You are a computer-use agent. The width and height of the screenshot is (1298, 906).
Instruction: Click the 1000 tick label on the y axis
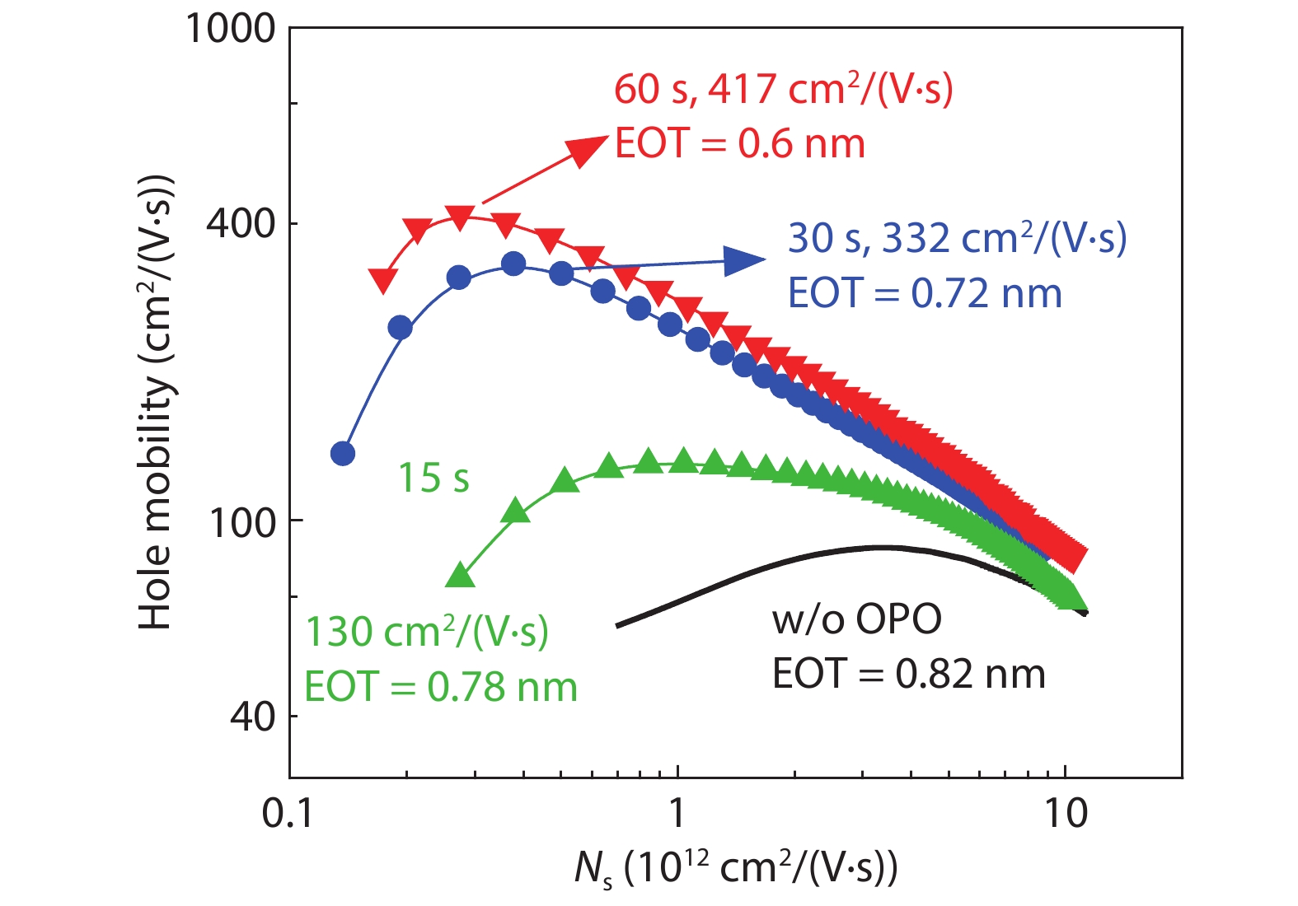[230, 29]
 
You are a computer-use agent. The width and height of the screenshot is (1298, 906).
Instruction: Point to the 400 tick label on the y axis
[241, 222]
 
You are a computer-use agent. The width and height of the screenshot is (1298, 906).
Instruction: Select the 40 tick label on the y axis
[252, 717]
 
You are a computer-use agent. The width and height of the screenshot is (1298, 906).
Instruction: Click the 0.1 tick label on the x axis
[288, 814]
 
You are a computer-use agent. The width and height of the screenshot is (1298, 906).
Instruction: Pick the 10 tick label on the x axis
[1066, 814]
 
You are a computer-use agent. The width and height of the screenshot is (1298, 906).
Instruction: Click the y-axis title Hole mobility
[156, 404]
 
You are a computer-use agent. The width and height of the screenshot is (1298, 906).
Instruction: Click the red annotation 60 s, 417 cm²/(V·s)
[783, 89]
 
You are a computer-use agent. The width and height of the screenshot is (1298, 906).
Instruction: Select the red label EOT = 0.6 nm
[740, 144]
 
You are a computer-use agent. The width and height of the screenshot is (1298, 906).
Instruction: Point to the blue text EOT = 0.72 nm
[925, 294]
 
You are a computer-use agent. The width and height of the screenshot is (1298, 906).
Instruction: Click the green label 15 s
[433, 478]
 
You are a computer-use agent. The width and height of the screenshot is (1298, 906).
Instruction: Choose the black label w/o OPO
[857, 619]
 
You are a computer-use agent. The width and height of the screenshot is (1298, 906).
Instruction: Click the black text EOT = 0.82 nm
[908, 675]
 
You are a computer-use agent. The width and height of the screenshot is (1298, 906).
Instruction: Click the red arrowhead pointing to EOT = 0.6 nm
[590, 149]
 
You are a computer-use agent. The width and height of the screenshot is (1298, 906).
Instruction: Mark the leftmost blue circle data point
[343, 454]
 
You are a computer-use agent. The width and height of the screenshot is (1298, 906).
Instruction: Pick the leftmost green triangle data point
[460, 575]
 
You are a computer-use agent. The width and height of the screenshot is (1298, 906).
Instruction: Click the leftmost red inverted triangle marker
[382, 281]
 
